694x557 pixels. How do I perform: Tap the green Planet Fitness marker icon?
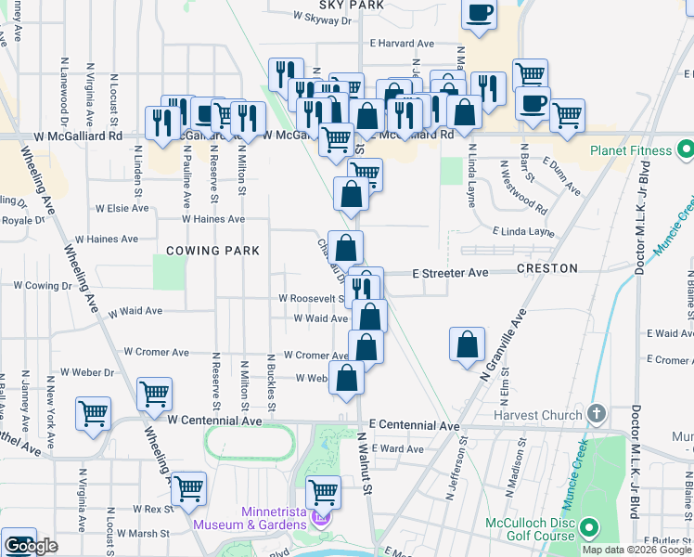click(x=685, y=149)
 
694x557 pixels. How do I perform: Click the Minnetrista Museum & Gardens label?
click(x=250, y=518)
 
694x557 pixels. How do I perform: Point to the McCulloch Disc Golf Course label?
click(x=532, y=529)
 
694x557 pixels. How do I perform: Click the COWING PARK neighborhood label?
click(x=212, y=251)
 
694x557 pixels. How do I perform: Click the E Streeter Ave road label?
click(x=450, y=273)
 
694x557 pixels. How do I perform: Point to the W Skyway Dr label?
click(x=323, y=17)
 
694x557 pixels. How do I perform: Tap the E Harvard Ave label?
click(x=402, y=44)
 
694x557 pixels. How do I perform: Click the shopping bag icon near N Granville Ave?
click(x=467, y=344)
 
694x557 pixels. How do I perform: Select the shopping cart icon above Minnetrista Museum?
click(x=323, y=490)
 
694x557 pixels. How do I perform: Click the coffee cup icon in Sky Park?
click(x=479, y=14)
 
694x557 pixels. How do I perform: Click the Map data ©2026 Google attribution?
click(x=636, y=550)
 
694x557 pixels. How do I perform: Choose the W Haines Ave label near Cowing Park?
click(x=212, y=219)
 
